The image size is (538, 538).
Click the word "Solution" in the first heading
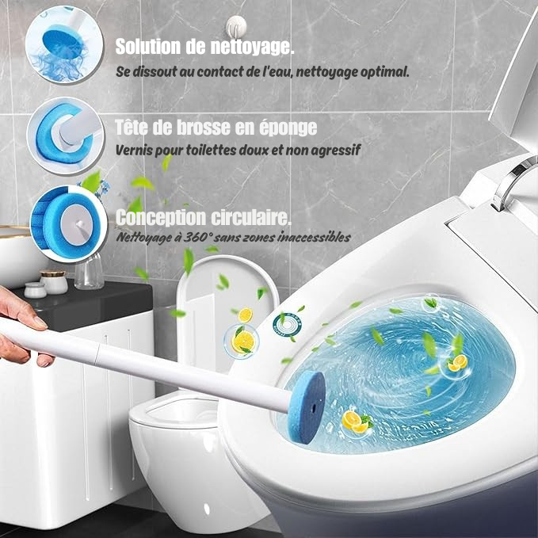point(148,46)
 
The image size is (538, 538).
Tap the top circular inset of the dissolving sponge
point(64,44)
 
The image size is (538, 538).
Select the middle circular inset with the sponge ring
point(66,135)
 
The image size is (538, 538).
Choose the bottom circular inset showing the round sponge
point(68,223)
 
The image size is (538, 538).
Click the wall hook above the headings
point(236,25)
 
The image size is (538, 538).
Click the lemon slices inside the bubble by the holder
point(242,341)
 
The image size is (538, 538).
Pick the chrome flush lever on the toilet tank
point(514,182)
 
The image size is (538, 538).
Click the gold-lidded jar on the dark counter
point(54,282)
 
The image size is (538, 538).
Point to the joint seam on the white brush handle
point(97,353)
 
